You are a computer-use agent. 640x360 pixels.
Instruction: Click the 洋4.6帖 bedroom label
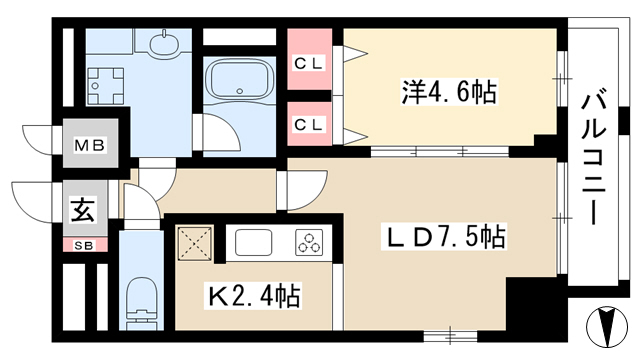click(x=449, y=92)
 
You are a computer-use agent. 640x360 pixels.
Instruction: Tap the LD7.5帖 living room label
click(x=444, y=236)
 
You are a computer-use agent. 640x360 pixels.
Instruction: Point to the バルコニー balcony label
click(x=594, y=159)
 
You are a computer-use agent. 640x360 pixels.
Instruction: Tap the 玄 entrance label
click(x=84, y=209)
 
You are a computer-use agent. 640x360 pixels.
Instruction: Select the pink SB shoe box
click(x=85, y=245)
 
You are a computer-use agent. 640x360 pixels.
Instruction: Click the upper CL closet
click(x=309, y=59)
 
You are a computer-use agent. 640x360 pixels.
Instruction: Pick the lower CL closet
click(x=309, y=123)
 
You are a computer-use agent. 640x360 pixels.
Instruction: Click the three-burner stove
click(x=309, y=242)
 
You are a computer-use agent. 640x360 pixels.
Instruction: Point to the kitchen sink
click(x=253, y=242)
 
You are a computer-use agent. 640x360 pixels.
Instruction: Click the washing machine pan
click(x=105, y=86)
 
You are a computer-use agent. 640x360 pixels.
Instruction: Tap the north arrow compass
click(x=607, y=327)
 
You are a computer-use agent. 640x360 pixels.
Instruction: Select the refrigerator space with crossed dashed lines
click(x=195, y=244)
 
